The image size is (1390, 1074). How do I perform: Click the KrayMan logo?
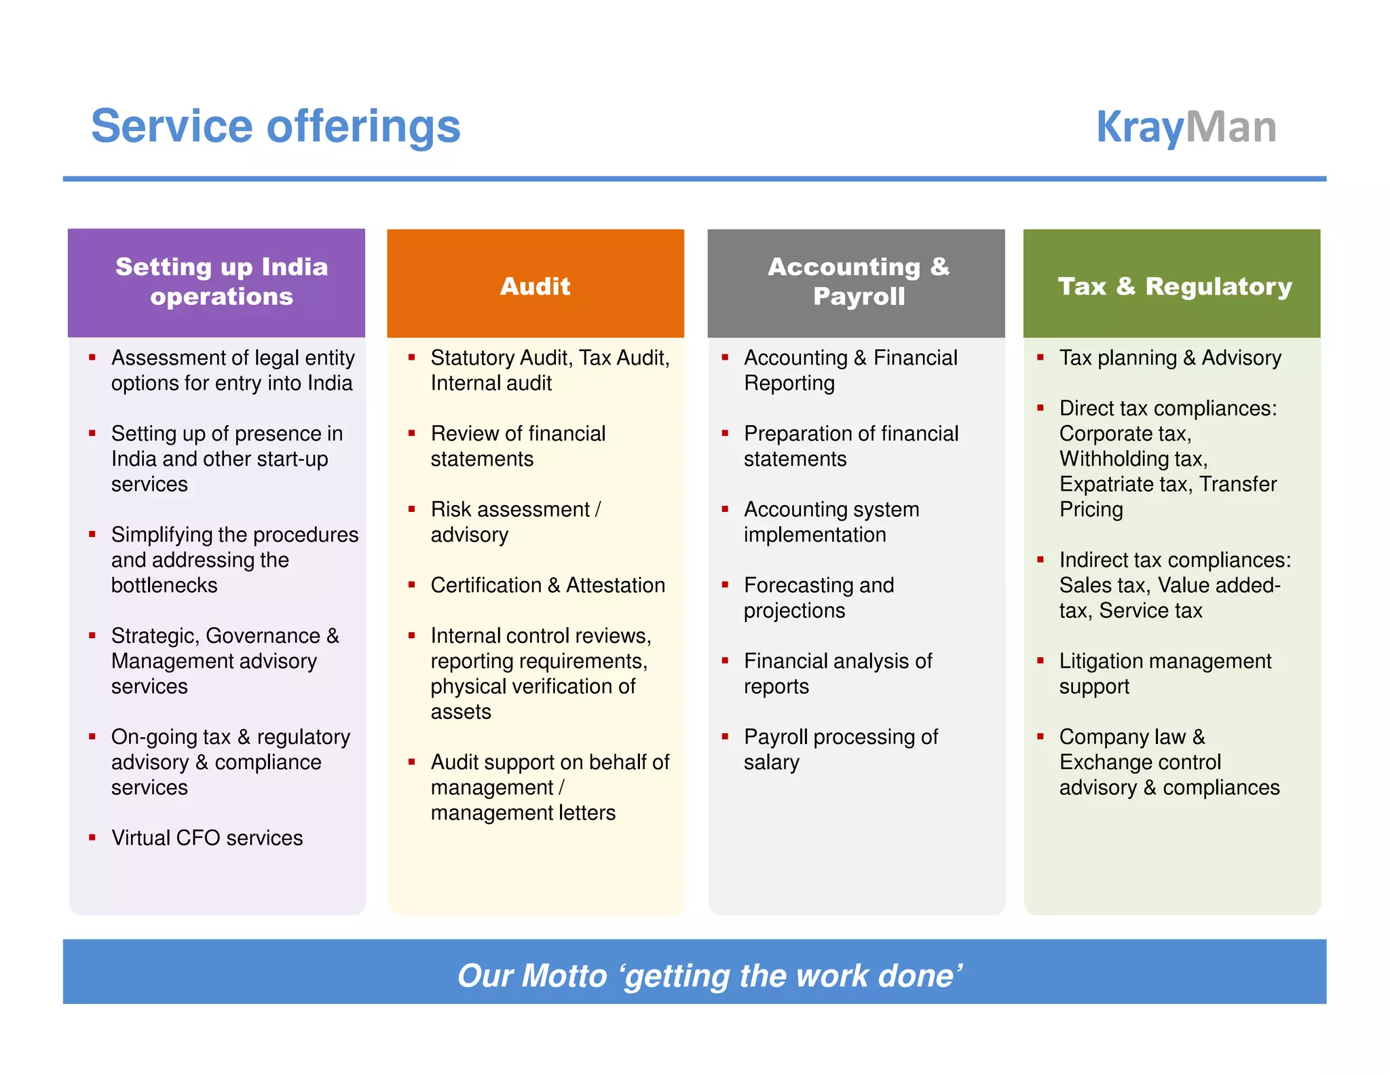pyautogui.click(x=1186, y=127)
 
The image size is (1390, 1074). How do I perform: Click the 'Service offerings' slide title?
pyautogui.click(x=276, y=127)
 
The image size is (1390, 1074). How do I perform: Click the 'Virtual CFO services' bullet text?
pyautogui.click(x=207, y=838)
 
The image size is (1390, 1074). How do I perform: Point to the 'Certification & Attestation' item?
pyautogui.click(x=548, y=585)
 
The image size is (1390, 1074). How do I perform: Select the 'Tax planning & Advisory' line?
pyautogui.click(x=1170, y=358)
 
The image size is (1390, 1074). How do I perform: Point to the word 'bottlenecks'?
pyautogui.click(x=164, y=585)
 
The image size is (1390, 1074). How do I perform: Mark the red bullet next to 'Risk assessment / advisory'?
pyautogui.click(x=411, y=508)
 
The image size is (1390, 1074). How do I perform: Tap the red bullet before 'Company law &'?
pyautogui.click(x=1040, y=736)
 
